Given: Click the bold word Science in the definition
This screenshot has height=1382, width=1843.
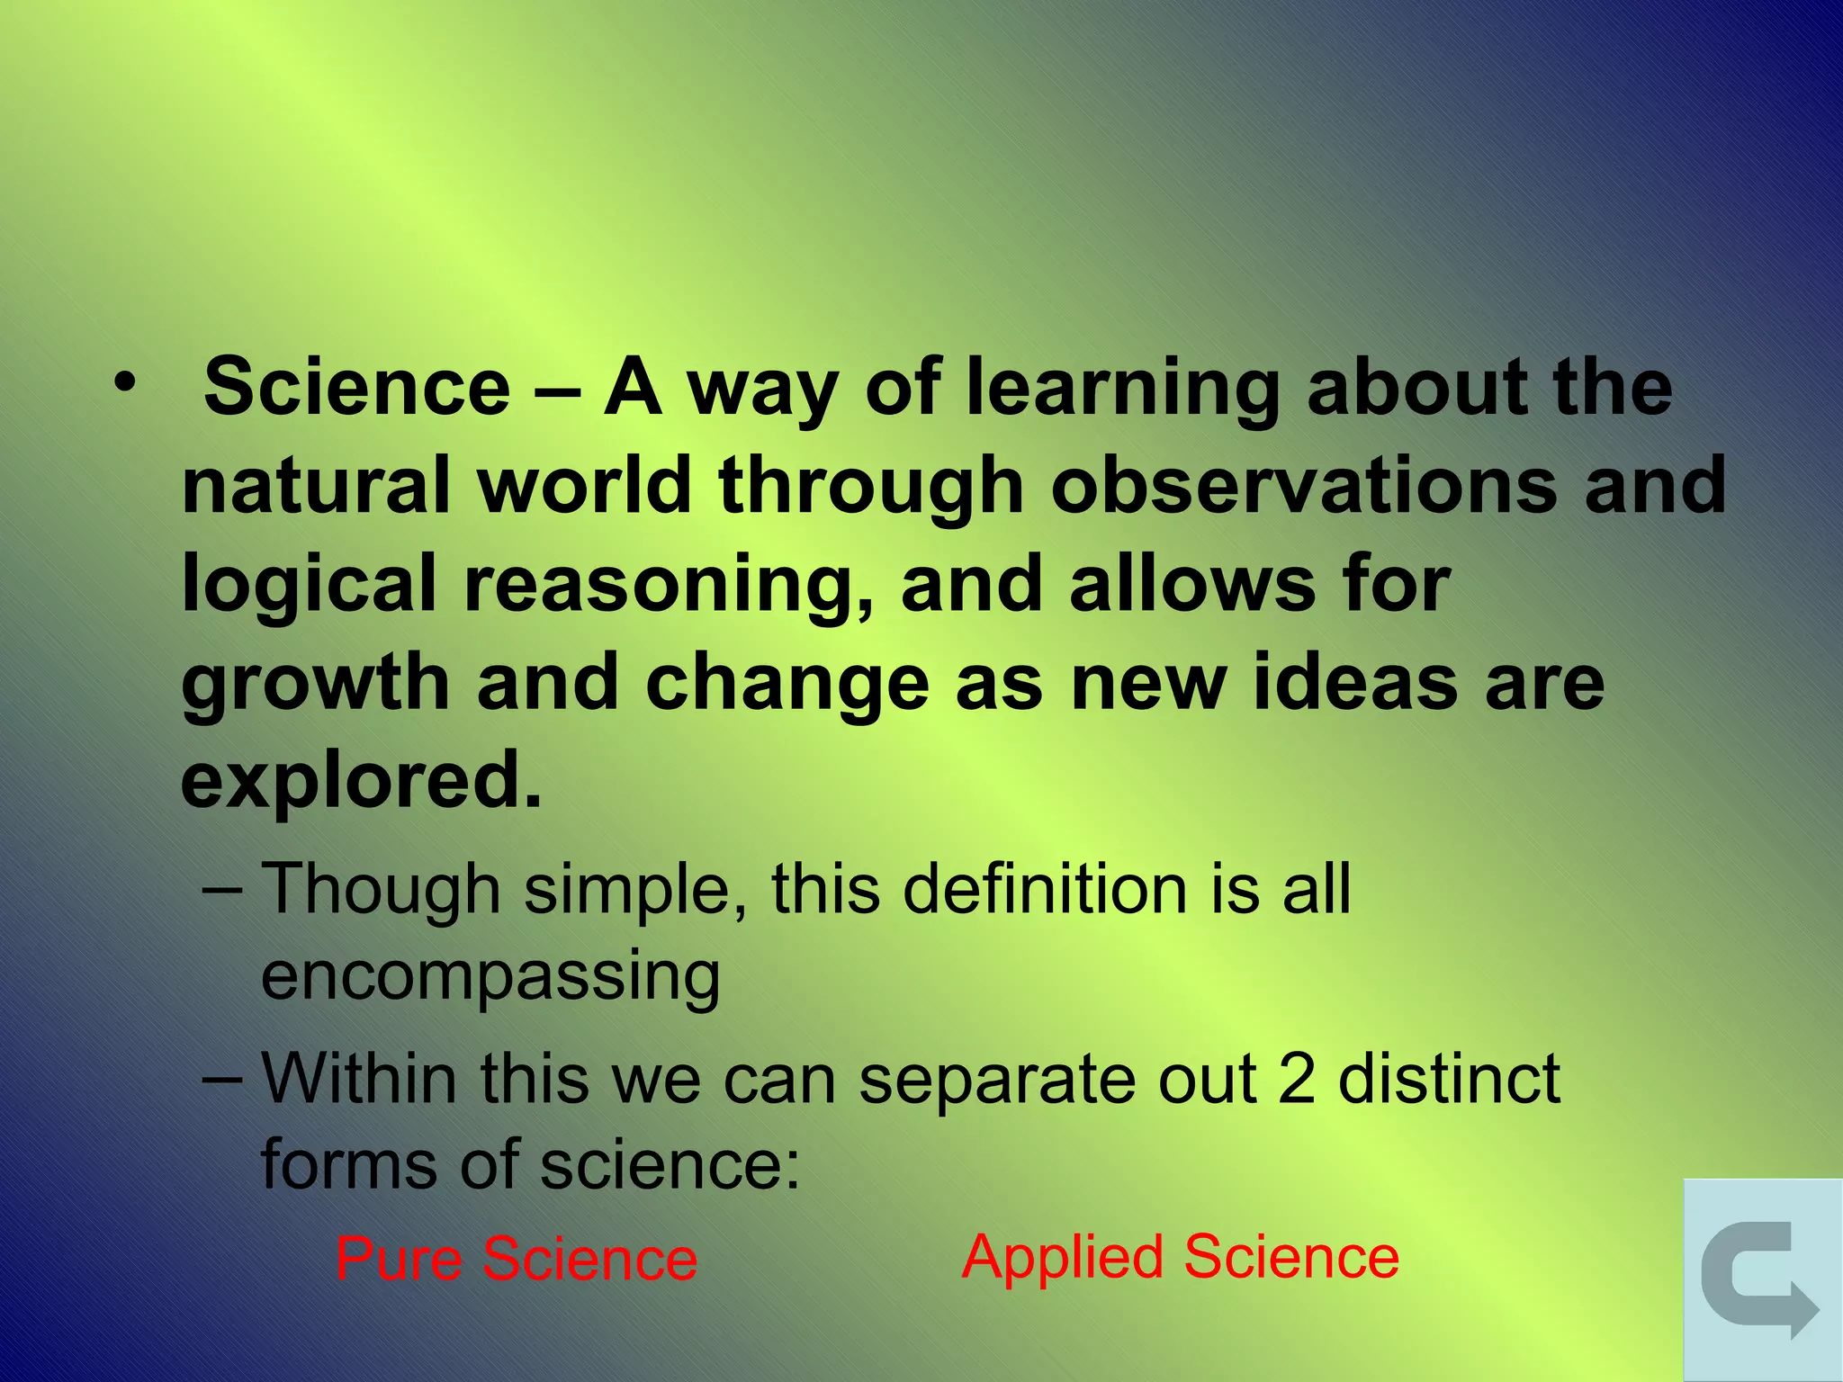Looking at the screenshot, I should pyautogui.click(x=357, y=387).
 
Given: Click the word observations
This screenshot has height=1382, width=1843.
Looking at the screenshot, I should pyautogui.click(x=1304, y=486).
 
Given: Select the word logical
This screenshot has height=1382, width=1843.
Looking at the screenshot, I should pyautogui.click(x=309, y=586).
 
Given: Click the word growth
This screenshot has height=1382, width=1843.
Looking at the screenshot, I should pyautogui.click(x=315, y=684).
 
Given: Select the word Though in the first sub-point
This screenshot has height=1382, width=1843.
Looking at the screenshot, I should pyautogui.click(x=381, y=890).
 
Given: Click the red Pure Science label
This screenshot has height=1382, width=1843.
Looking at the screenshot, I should pyautogui.click(x=517, y=1258).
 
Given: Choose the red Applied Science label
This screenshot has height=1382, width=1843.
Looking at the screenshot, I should pyautogui.click(x=1181, y=1256).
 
